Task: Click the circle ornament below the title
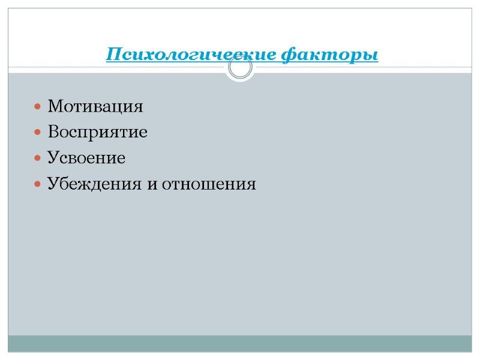coord(241,68)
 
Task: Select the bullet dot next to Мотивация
coord(38,108)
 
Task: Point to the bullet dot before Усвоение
coord(38,159)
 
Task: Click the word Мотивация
coord(95,107)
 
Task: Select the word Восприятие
coord(97,133)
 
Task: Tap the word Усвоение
coord(86,158)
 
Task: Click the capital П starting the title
coord(112,55)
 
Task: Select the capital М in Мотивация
coord(55,107)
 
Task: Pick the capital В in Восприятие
coord(53,133)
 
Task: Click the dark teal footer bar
coord(240,343)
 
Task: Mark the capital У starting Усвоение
coord(53,158)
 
